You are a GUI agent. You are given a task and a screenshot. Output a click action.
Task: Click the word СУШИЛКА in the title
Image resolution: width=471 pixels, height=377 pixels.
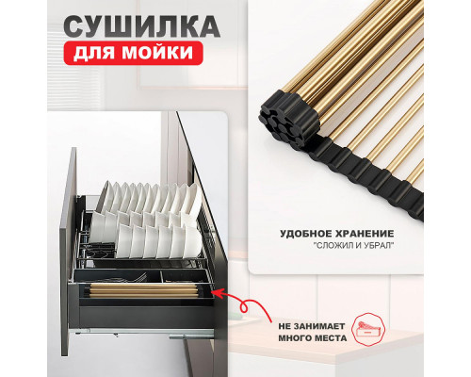point(142,25)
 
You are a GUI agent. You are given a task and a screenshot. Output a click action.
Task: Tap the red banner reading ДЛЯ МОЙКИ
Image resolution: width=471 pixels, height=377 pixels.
point(134,53)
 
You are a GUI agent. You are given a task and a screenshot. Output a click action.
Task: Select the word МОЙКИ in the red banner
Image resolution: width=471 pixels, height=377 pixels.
point(157,52)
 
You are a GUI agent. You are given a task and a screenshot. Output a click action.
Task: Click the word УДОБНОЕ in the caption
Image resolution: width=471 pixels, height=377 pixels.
point(301,234)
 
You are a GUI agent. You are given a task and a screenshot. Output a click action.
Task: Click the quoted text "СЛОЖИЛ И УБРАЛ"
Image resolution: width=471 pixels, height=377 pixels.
point(353,246)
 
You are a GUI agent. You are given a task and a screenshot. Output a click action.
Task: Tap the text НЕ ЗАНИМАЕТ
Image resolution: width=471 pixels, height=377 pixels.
point(312,326)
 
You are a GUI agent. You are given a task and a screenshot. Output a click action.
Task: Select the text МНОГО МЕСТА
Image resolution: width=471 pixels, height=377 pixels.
point(313,338)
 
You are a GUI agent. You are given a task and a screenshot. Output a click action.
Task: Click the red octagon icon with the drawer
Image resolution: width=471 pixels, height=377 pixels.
point(368,328)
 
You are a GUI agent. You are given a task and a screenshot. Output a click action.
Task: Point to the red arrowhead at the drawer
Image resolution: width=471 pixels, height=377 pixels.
point(218,293)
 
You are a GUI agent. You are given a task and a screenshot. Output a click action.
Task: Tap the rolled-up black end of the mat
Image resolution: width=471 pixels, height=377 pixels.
point(289,117)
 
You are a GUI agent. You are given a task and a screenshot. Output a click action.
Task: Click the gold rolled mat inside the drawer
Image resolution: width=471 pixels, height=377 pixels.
point(143,290)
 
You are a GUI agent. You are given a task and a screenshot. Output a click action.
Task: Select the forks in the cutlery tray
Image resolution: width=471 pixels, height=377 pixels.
point(135,278)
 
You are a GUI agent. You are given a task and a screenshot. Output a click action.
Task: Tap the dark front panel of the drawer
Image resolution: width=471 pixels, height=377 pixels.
point(67,252)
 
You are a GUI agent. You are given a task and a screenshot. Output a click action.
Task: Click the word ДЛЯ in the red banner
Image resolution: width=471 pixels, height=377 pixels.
point(94,53)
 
